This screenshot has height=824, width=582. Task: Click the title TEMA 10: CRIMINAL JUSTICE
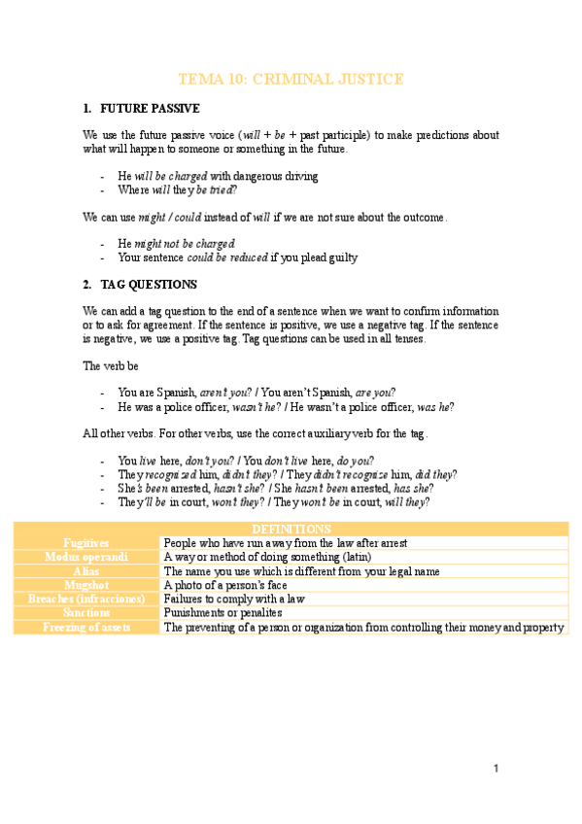(291, 79)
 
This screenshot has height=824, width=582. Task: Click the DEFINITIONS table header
(291, 529)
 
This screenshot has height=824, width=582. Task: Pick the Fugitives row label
(86, 543)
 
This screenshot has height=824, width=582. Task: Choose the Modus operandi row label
(86, 558)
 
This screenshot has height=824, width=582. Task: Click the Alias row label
(86, 571)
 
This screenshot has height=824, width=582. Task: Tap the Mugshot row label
(86, 586)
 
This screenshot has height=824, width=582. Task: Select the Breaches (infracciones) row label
(86, 600)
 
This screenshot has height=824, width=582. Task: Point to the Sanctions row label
(86, 614)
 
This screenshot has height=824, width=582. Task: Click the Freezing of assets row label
(86, 628)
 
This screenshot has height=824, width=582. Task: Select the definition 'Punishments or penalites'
(223, 614)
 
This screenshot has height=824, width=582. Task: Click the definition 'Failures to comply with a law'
(234, 600)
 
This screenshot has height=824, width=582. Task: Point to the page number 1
(496, 769)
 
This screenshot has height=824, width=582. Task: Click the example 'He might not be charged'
(176, 243)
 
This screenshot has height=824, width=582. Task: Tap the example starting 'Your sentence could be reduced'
(237, 257)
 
